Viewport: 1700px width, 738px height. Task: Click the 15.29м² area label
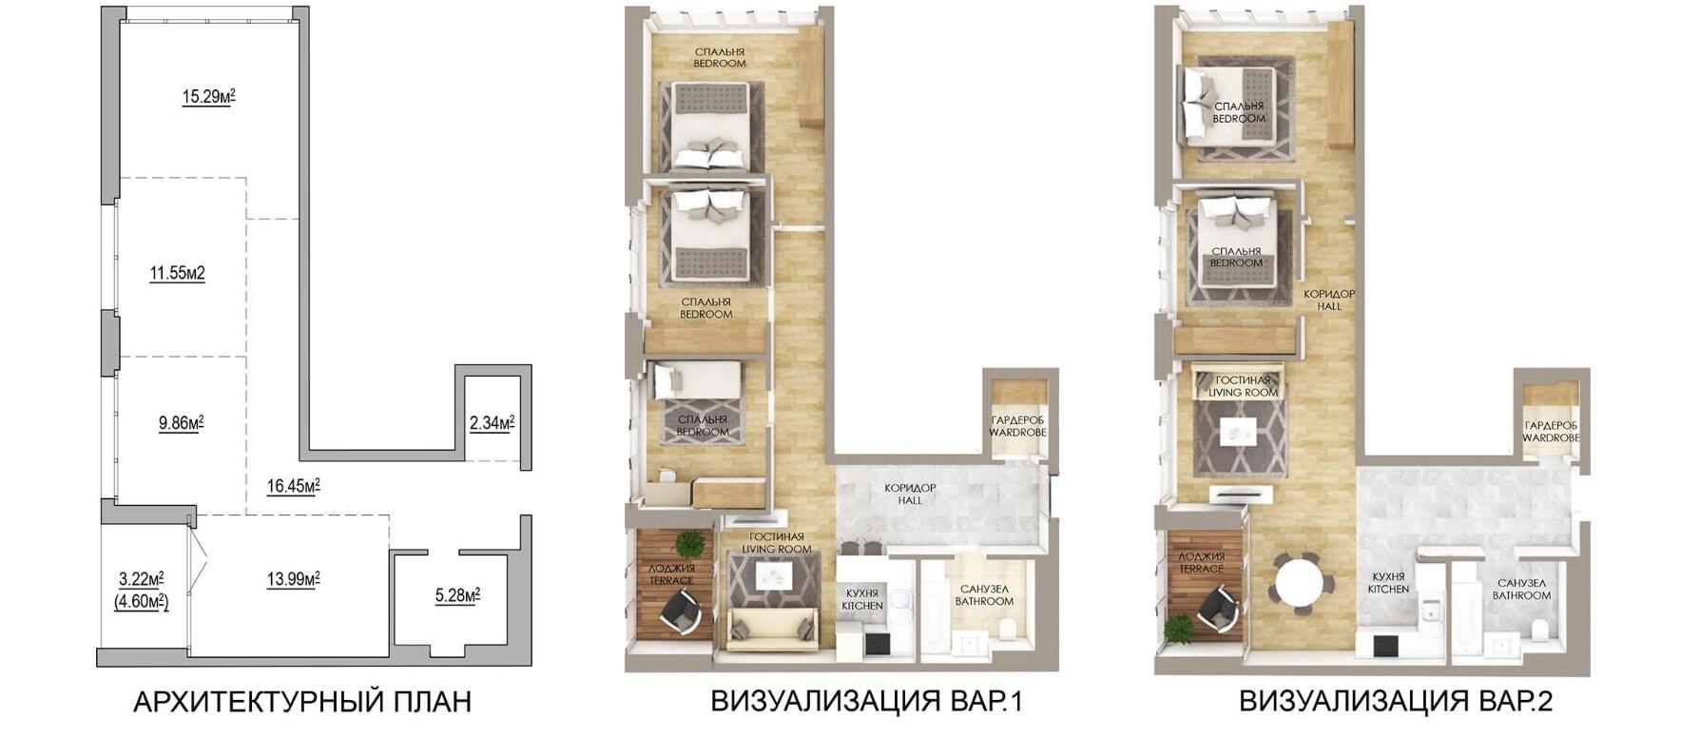(x=208, y=96)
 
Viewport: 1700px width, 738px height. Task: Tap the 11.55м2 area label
(x=177, y=274)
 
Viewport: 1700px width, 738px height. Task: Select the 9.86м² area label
(x=181, y=423)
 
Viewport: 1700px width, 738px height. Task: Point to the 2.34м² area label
(x=492, y=422)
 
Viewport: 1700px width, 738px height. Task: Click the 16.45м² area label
(x=293, y=487)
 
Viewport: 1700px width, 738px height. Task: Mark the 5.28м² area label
(x=457, y=596)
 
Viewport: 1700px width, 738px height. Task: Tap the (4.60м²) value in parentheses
(x=142, y=601)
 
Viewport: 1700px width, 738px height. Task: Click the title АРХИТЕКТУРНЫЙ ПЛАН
(x=302, y=703)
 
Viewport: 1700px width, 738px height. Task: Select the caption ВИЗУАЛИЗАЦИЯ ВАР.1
(x=866, y=703)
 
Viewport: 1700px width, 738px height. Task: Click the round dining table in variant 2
(x=1300, y=583)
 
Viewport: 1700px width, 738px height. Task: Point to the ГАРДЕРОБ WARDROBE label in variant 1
(x=1017, y=426)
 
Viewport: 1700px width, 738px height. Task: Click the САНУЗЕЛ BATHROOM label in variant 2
(x=1521, y=590)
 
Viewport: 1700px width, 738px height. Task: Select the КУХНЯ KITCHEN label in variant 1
(x=862, y=599)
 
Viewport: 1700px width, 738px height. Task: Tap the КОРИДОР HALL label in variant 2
(x=1329, y=301)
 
